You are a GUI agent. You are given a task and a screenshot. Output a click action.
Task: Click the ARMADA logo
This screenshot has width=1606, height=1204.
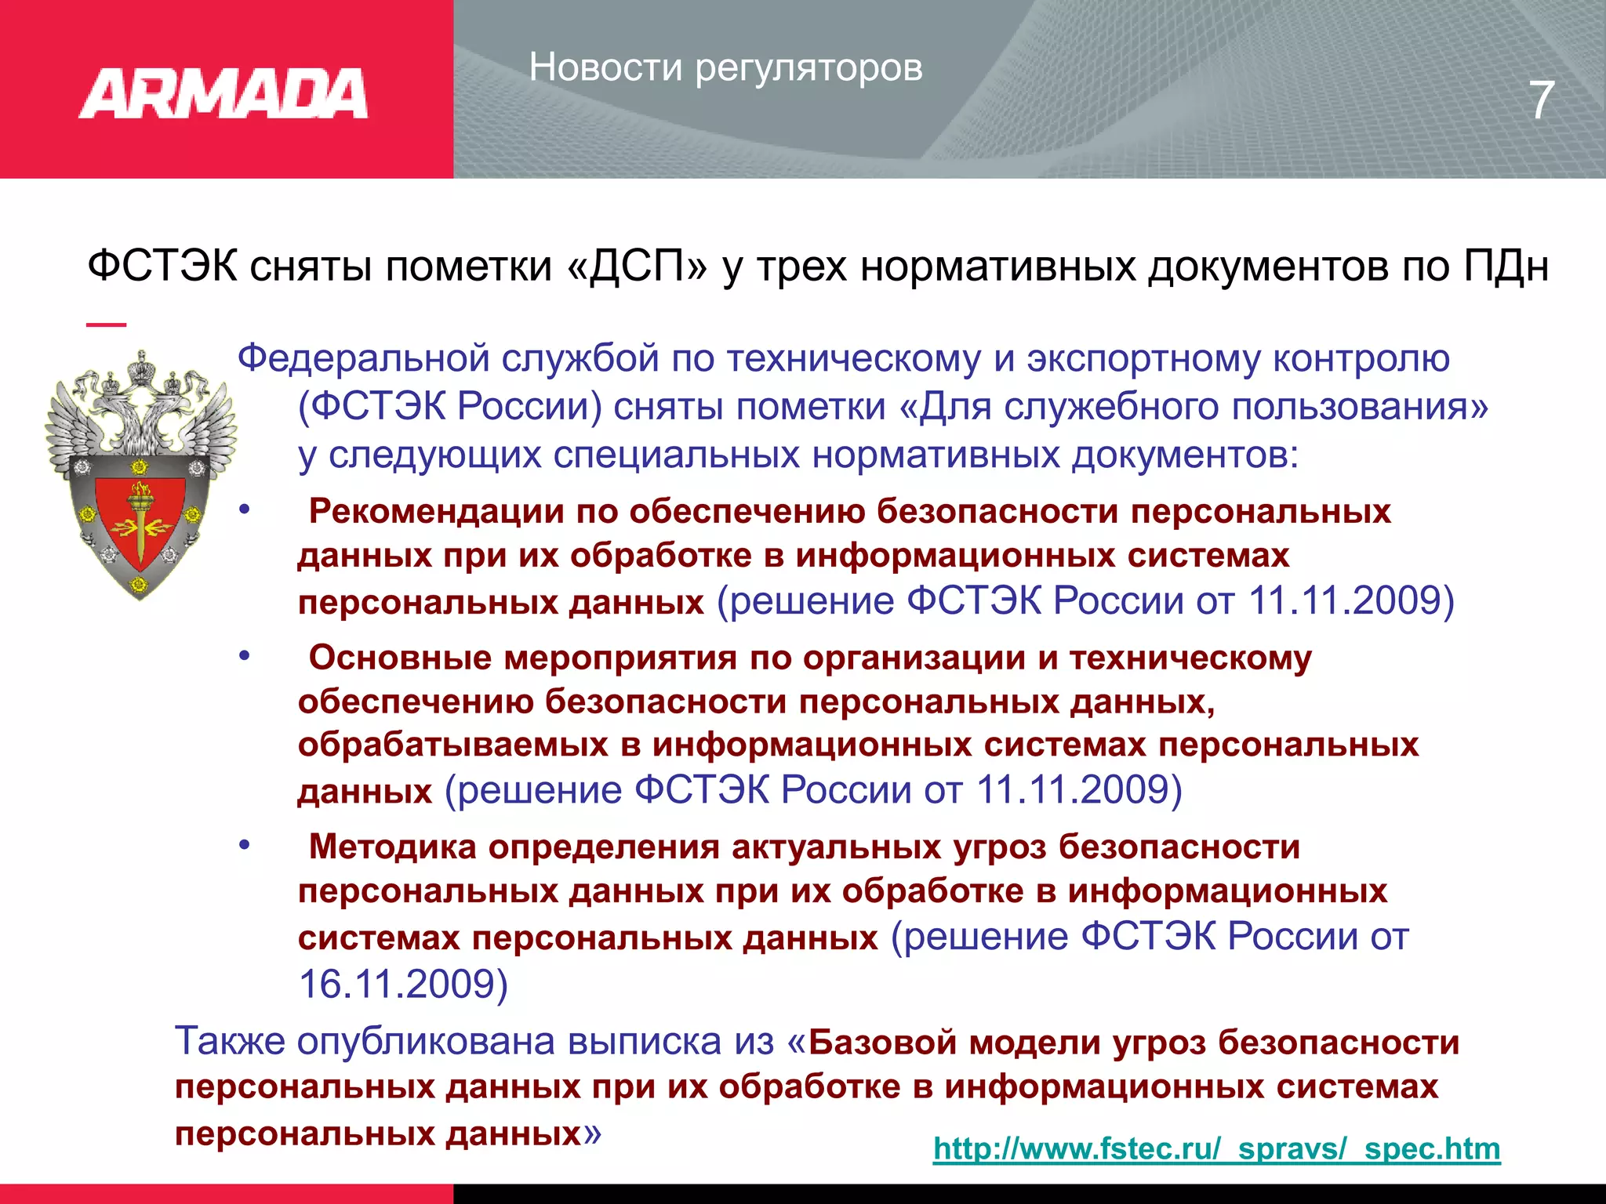223,94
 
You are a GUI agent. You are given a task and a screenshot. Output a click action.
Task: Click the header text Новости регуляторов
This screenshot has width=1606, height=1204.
725,67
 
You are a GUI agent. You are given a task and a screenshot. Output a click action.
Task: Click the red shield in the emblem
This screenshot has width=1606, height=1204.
140,517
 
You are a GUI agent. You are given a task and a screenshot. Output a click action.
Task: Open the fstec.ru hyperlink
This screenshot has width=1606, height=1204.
1216,1149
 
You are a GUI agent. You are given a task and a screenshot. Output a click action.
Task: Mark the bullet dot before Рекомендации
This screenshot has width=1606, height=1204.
245,510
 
